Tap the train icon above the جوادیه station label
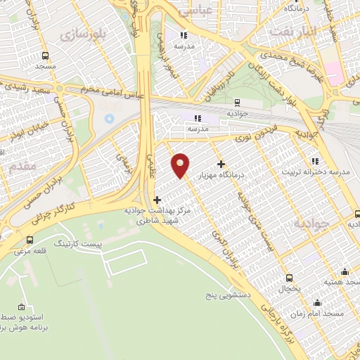237,103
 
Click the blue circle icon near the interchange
109,118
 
